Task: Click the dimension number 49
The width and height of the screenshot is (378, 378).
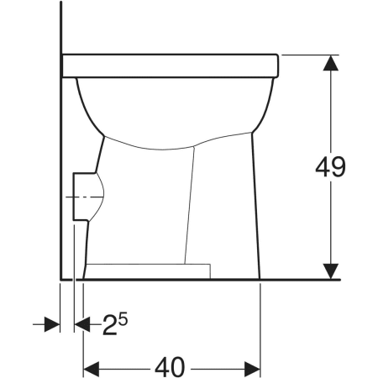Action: [x=331, y=166]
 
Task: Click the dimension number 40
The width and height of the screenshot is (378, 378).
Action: [x=171, y=367]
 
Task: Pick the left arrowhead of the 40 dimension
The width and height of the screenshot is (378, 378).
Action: [x=90, y=367]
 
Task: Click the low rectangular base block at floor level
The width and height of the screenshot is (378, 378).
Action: [x=147, y=270]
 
